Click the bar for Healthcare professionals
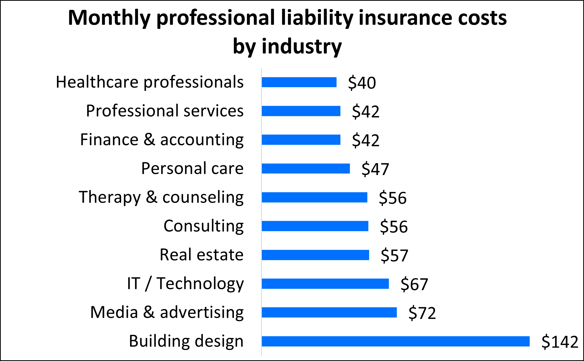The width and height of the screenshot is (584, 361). [x=299, y=82]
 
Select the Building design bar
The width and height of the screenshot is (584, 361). [x=395, y=341]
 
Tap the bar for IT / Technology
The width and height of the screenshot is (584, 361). [x=325, y=284]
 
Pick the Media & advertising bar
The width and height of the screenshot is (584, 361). [x=329, y=312]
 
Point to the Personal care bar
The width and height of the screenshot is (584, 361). [x=306, y=169]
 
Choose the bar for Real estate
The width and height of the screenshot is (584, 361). [x=315, y=255]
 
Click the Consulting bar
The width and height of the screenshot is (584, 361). [x=315, y=226]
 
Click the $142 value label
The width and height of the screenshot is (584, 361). [x=560, y=342]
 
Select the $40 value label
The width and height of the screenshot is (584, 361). [x=362, y=83]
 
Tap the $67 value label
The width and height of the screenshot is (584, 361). [x=414, y=284]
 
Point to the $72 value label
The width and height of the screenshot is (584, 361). [x=422, y=313]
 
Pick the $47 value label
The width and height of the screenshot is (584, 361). [x=375, y=169]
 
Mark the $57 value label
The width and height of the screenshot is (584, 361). [x=394, y=255]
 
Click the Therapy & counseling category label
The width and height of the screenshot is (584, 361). [x=161, y=197]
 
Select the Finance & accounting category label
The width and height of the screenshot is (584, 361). [x=162, y=140]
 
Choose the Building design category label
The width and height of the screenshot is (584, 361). [x=186, y=341]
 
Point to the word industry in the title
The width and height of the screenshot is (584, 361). [x=302, y=47]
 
